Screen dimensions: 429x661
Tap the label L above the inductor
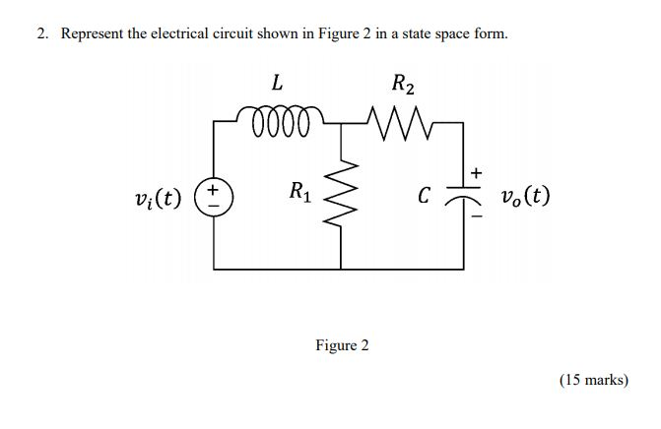pos(278,86)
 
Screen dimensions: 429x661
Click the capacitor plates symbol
pos(464,195)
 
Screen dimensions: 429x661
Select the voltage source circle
pos(213,193)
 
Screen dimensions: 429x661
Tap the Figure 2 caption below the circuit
pos(342,345)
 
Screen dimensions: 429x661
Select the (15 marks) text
pos(593,379)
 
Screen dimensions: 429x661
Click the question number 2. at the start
pos(43,33)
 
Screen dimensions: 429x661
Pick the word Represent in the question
pos(92,33)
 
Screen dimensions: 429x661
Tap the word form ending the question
pos(492,33)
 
